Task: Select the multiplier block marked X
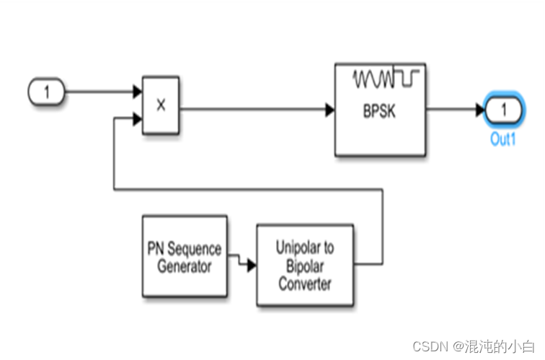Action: [161, 105]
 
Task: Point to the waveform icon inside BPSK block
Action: [381, 77]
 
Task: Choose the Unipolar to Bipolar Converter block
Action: [305, 265]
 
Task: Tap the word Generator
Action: [185, 267]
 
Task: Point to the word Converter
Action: [305, 284]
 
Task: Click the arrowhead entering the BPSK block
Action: [329, 110]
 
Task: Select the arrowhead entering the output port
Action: [479, 110]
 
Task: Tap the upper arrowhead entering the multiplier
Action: [137, 92]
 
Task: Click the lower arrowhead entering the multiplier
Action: [137, 117]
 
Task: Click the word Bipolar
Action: [305, 265]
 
